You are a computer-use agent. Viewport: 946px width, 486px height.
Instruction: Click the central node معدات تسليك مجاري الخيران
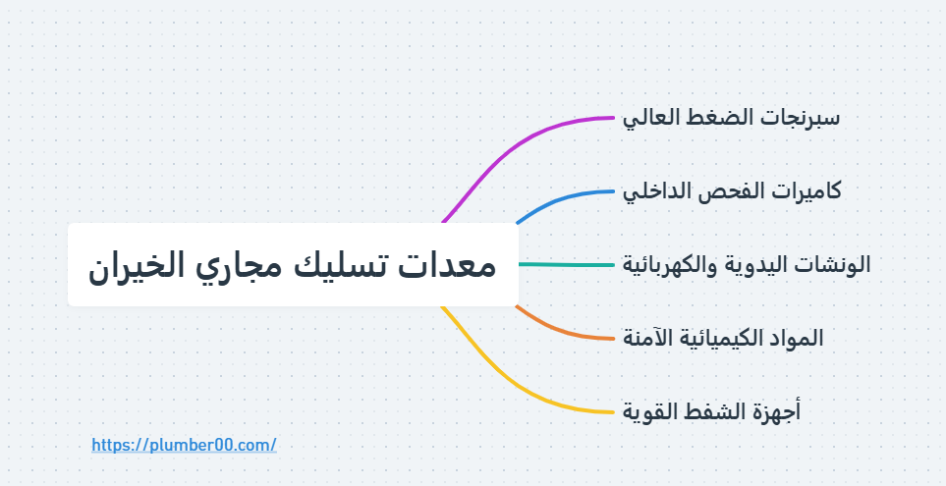(293, 265)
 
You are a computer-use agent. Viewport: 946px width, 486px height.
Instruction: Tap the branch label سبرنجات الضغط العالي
(731, 118)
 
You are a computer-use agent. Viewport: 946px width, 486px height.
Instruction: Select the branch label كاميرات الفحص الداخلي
(732, 190)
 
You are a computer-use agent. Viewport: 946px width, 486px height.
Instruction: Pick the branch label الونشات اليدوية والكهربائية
(747, 264)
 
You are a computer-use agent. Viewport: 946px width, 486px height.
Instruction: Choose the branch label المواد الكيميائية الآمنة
(723, 338)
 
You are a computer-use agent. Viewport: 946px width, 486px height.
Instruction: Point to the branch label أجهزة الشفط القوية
(712, 410)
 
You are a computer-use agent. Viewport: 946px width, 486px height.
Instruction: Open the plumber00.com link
(184, 445)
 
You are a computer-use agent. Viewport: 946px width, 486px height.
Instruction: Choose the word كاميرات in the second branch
(803, 190)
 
